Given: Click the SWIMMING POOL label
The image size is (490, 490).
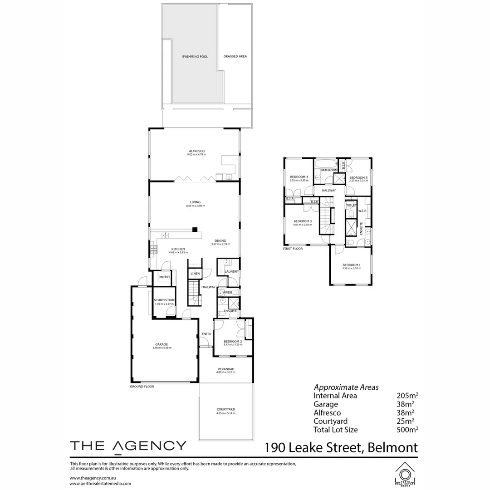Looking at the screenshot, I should point(195,57).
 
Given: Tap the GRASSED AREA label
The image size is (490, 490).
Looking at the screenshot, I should point(235,57).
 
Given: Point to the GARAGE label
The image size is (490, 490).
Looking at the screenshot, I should point(162,344).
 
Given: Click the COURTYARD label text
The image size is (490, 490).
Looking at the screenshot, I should point(225,410).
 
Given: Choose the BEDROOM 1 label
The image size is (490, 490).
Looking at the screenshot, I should point(352,265).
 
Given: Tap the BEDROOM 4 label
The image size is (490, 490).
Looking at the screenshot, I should point(299,177).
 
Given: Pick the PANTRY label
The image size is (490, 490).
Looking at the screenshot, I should point(164,277).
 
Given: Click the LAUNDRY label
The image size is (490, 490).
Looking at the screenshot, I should point(232,272).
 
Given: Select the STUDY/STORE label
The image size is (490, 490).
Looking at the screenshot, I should point(164,300).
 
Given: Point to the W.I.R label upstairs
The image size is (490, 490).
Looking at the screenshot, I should point(362,211).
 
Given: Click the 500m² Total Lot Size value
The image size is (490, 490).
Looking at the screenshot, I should point(407,430).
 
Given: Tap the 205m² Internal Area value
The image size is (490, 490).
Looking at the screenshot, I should point(407,396).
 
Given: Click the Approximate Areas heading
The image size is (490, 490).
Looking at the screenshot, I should point(346,387).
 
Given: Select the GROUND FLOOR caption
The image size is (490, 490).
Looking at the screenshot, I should point(142,387).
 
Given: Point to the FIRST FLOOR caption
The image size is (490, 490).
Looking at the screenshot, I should point(293,249).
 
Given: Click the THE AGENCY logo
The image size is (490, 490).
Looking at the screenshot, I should point(127,445).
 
